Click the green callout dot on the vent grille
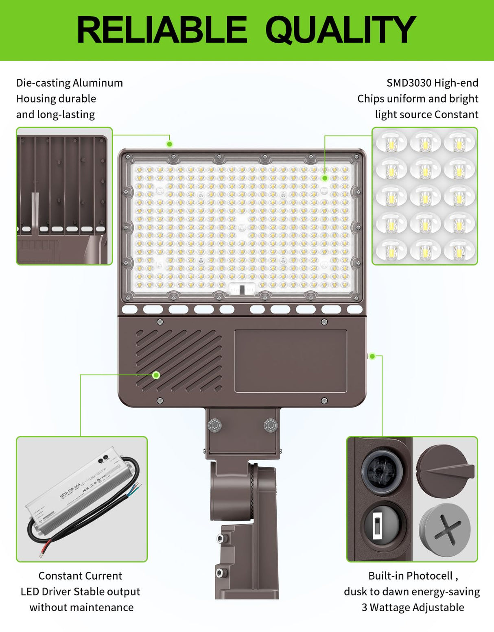pyautogui.click(x=156, y=375)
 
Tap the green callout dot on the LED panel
pyautogui.click(x=325, y=178)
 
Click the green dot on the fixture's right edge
pyautogui.click(x=372, y=356)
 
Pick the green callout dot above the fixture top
pyautogui.click(x=170, y=144)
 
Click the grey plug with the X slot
pyautogui.click(x=445, y=530)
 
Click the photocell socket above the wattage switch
pyautogui.click(x=383, y=471)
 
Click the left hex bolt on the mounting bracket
pyautogui.click(x=214, y=425)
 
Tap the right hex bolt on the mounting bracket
pyautogui.click(x=270, y=425)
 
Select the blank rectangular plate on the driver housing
pyautogui.click(x=291, y=361)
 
